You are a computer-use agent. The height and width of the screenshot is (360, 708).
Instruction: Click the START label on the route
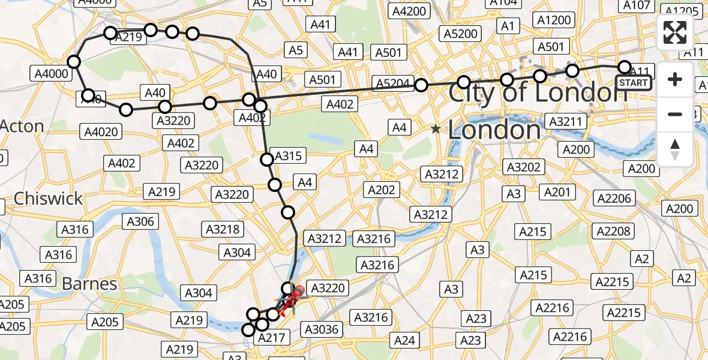tap(634, 83)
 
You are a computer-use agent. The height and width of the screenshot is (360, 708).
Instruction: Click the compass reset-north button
tap(675, 149)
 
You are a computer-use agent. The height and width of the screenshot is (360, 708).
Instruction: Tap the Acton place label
tap(22, 127)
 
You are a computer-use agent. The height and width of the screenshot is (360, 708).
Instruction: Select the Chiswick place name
tap(48, 199)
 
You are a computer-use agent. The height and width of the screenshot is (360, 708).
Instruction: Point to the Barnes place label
tap(90, 283)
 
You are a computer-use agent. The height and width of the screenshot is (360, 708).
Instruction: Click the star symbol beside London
tap(436, 129)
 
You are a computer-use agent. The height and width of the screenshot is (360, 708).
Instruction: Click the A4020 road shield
tap(101, 131)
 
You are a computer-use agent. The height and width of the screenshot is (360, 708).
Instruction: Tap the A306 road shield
tap(140, 221)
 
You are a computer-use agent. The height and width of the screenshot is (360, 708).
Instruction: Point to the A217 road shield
tap(271, 338)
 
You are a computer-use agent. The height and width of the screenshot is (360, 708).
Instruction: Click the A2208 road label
tap(613, 230)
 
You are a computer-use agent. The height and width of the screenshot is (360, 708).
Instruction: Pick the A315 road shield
tap(287, 156)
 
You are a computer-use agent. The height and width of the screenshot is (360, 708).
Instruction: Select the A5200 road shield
tap(460, 34)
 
